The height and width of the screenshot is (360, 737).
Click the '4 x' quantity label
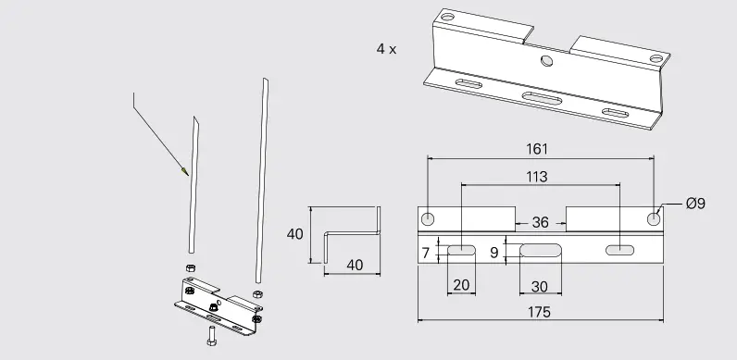[x=386, y=49]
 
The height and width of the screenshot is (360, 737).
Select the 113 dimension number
[x=535, y=176]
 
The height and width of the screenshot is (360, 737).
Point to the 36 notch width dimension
[x=540, y=222]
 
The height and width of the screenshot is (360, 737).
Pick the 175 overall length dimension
[x=540, y=312]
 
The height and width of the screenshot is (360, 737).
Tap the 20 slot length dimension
[x=460, y=285]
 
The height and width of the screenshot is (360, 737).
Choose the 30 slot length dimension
[x=540, y=285]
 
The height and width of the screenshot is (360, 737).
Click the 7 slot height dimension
[x=425, y=252]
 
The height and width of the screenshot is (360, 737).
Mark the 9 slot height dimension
[x=494, y=252]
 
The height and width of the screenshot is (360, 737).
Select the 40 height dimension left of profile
[x=295, y=234]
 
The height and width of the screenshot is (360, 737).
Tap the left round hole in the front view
[x=428, y=219]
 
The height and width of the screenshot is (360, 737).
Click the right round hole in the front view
[x=654, y=219]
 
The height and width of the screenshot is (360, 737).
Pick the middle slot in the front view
[x=540, y=250]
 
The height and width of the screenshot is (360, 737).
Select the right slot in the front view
[x=619, y=250]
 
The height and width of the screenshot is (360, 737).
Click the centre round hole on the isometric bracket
[x=546, y=61]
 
